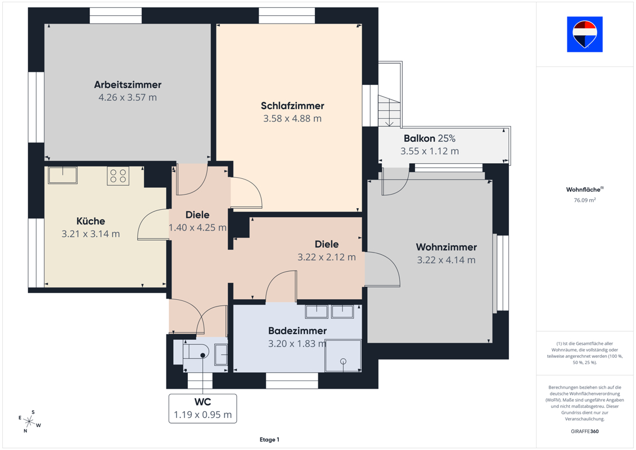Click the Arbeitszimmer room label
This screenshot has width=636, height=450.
[128, 84]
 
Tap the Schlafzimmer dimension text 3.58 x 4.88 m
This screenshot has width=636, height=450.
[292, 119]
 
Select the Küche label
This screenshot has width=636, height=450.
[91, 221]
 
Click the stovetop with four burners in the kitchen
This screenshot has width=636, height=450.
[118, 175]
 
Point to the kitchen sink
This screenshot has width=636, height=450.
[63, 175]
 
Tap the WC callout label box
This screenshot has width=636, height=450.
[203, 408]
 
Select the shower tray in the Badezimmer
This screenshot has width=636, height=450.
[343, 356]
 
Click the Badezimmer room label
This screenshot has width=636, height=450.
[297, 331]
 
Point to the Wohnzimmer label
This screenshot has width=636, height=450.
[446, 247]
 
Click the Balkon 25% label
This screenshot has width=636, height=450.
[430, 138]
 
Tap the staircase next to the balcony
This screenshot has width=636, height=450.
[389, 110]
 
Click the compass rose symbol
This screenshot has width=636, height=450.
[29, 421]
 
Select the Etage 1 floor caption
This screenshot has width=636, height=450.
[269, 439]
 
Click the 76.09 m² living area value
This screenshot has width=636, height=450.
[584, 200]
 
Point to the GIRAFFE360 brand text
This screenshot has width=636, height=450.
[584, 431]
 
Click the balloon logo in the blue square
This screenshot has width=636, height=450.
[584, 34]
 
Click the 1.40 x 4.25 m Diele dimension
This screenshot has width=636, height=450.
[197, 228]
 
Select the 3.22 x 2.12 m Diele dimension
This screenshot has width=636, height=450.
[327, 257]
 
